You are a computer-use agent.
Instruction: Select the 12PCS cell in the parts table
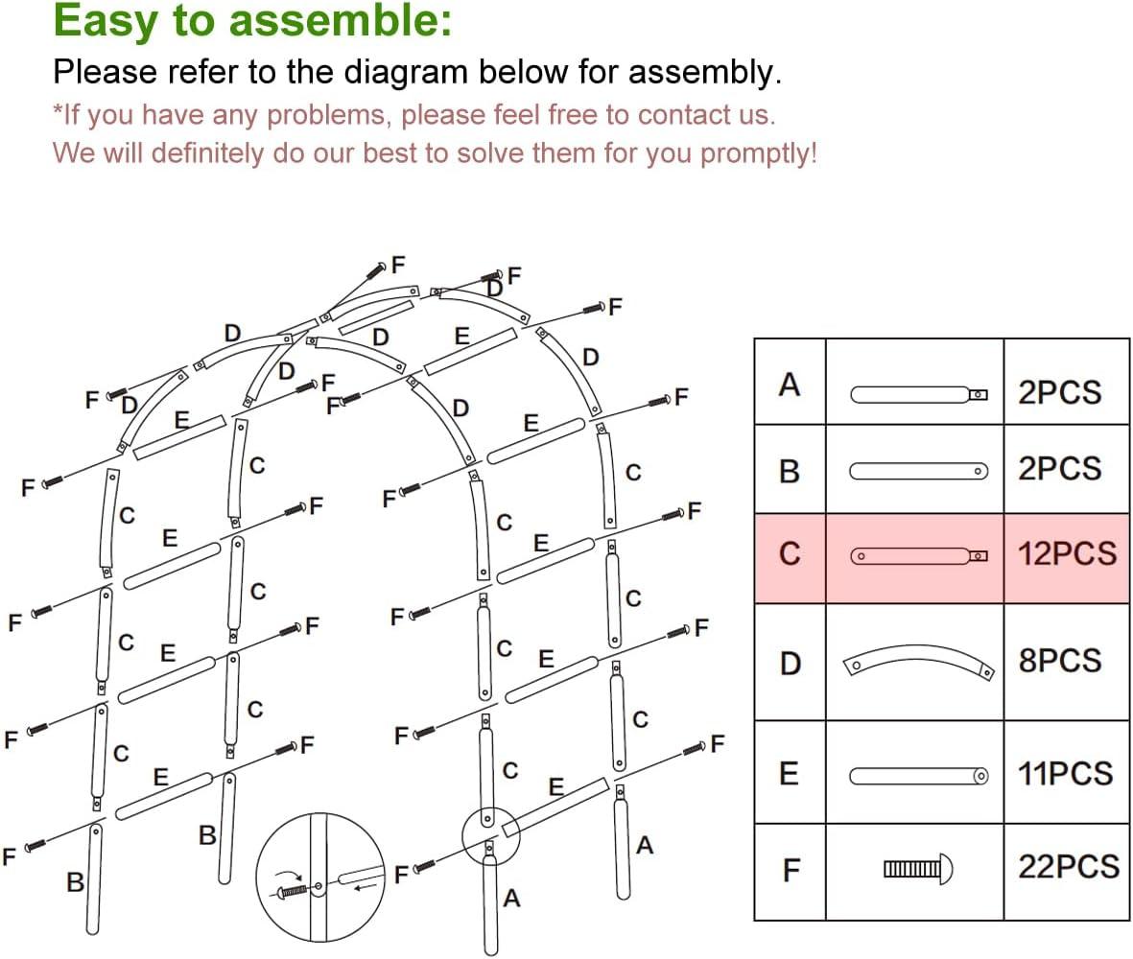pyautogui.click(x=1067, y=554)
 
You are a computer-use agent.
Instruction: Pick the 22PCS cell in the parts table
pyautogui.click(x=1067, y=866)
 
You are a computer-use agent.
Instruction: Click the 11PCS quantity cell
pyautogui.click(x=1065, y=774)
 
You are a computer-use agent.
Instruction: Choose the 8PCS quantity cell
pyautogui.click(x=1059, y=661)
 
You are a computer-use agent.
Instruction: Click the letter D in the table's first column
pyautogui.click(x=790, y=663)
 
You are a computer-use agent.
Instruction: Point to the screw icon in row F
pyautogui.click(x=918, y=869)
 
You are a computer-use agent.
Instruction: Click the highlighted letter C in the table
pyautogui.click(x=790, y=555)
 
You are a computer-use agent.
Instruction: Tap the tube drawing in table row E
pyautogui.click(x=918, y=775)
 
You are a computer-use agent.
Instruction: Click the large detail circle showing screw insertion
pyautogui.click(x=321, y=877)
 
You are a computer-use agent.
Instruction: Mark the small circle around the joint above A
pyautogui.click(x=490, y=834)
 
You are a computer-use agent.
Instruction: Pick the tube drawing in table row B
pyautogui.click(x=918, y=471)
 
